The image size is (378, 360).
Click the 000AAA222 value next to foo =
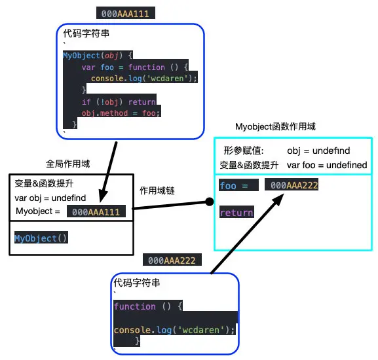coord(294,186)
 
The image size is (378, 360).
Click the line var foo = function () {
coord(135,67)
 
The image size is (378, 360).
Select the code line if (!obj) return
coord(119,101)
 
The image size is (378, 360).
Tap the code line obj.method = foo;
coord(121,113)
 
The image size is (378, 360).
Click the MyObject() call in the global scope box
coord(41,238)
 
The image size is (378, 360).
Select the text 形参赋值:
coord(243,151)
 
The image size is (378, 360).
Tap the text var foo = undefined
coord(327,165)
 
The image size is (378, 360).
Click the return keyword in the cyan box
coord(236,213)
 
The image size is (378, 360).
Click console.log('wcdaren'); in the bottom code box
coord(174,330)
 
